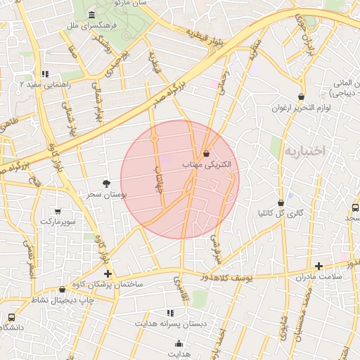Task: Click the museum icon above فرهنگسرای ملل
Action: (x=92, y=15)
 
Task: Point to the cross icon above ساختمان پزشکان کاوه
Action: (x=107, y=274)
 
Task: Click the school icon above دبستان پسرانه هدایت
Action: (x=169, y=313)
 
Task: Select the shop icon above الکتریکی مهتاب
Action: (x=206, y=153)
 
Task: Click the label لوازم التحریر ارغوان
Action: (x=301, y=108)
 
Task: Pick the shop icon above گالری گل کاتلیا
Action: (x=281, y=202)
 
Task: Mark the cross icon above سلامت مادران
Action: (x=319, y=266)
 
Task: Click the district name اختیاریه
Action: (x=304, y=150)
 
